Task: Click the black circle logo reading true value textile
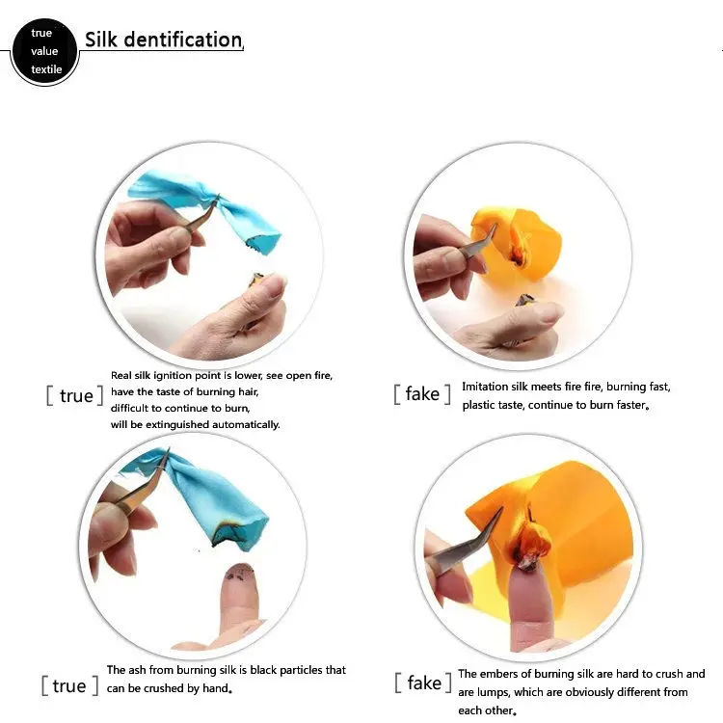[x=44, y=51]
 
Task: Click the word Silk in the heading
[x=101, y=40]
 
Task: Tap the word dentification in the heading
[x=183, y=40]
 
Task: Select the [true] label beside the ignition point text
[x=74, y=395]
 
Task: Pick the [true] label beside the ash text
[x=69, y=685]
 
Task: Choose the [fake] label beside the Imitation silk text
[x=422, y=393]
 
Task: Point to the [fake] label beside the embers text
[x=423, y=683]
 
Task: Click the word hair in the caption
[x=248, y=392]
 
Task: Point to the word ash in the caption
[x=137, y=670]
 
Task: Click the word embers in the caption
[x=501, y=674]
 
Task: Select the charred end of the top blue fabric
[x=261, y=242]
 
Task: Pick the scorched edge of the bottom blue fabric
[x=235, y=534]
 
